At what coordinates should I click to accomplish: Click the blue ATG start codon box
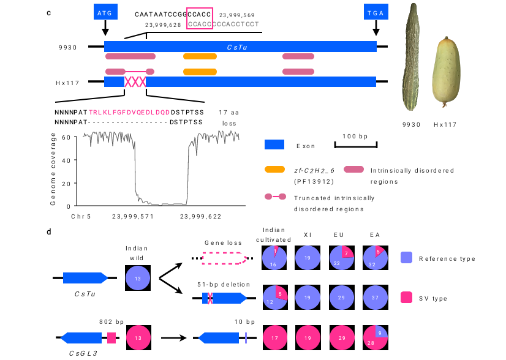tap(105, 12)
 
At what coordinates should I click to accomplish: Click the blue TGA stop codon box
tap(376, 12)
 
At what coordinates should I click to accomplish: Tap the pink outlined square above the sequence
tap(200, 18)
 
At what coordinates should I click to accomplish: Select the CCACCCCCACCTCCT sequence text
tap(224, 24)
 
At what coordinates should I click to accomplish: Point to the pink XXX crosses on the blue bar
tap(135, 82)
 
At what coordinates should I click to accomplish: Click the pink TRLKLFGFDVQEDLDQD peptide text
tap(129, 113)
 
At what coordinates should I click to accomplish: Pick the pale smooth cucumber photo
tap(445, 72)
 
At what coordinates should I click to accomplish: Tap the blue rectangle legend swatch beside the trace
tap(274, 144)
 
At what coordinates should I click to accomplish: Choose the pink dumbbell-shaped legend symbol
tap(275, 197)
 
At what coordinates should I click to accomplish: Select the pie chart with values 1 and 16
tap(274, 258)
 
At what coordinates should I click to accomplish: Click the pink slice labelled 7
tap(347, 252)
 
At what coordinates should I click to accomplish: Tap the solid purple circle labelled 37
tap(376, 298)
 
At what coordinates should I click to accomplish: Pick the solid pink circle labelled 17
tap(275, 337)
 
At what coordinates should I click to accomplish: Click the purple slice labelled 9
tap(381, 331)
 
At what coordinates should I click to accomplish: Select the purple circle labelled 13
tap(138, 278)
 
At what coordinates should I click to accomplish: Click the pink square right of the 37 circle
tap(406, 298)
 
